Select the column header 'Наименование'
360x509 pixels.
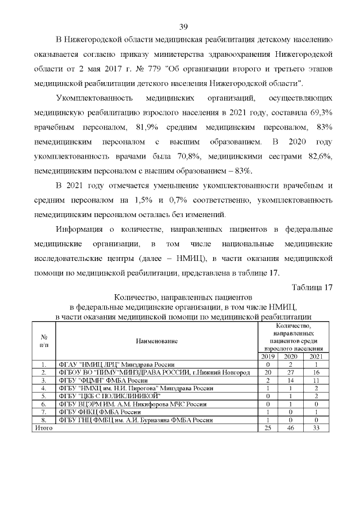(x=156, y=341)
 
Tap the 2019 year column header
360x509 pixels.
(x=267, y=357)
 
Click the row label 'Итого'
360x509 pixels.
(x=44, y=427)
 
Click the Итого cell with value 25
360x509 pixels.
(x=267, y=427)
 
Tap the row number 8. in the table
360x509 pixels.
(x=43, y=420)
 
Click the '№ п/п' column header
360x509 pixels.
(x=43, y=341)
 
